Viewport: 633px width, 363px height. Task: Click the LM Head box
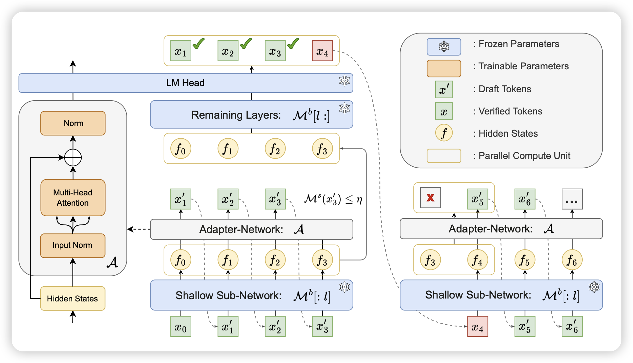point(186,83)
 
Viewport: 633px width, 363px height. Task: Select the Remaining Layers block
point(251,115)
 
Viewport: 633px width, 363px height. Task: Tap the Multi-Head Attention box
point(73,198)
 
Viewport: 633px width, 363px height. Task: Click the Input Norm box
point(73,245)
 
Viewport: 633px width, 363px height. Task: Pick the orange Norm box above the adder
point(73,123)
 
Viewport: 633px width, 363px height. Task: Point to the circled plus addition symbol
point(73,158)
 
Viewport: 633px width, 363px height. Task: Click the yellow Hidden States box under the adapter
point(73,299)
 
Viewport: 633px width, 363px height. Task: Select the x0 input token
point(181,327)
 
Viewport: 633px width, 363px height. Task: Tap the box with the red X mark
point(430,198)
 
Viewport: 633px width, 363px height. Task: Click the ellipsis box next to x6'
point(572,199)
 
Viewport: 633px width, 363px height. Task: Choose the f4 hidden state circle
point(477,260)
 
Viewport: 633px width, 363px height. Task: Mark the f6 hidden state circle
point(572,260)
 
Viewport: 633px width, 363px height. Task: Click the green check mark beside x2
point(246,44)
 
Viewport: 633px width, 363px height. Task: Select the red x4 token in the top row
point(322,51)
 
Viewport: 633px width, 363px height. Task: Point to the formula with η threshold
point(333,199)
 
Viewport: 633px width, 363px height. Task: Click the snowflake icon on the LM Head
point(344,80)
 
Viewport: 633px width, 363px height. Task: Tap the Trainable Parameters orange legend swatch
point(444,68)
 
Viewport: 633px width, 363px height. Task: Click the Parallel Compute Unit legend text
point(524,156)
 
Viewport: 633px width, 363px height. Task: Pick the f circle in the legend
point(444,133)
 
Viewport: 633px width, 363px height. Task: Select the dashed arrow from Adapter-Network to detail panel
point(139,229)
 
